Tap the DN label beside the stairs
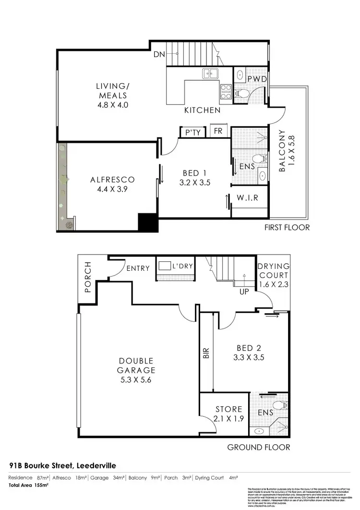pos(159,55)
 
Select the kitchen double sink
pos(210,73)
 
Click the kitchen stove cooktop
pos(225,92)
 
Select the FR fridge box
pos(217,131)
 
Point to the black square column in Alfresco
pos(147,223)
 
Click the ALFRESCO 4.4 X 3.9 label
pos(112,184)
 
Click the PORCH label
pos(88,277)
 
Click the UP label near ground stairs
pos(244,291)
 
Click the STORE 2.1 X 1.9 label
pos(228,413)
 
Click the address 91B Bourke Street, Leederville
pos(62,466)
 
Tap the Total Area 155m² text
pos(29,486)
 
